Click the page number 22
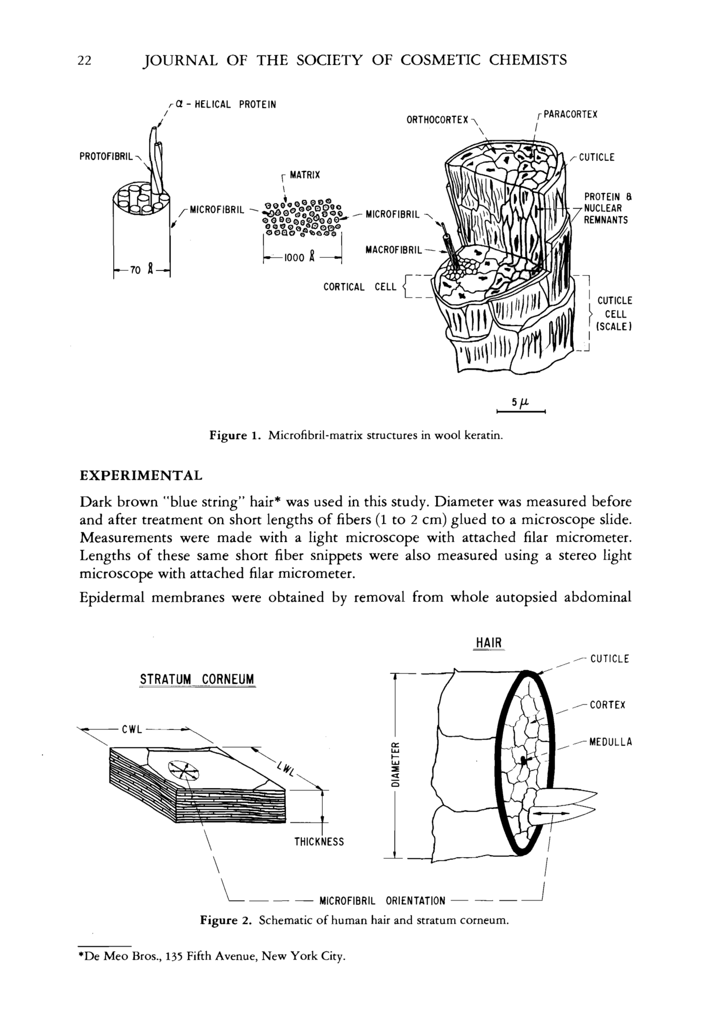tap(85, 60)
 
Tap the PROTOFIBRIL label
tap(106, 157)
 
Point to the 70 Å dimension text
tap(142, 270)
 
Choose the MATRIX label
tap(305, 175)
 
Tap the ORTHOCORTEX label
tap(437, 120)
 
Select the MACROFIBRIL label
tap(393, 250)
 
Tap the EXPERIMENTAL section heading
tap(141, 476)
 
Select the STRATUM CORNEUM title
tap(197, 680)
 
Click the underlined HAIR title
tap(489, 643)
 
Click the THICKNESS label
tap(319, 841)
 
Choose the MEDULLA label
tap(610, 742)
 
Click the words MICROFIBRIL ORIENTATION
tap(382, 901)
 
